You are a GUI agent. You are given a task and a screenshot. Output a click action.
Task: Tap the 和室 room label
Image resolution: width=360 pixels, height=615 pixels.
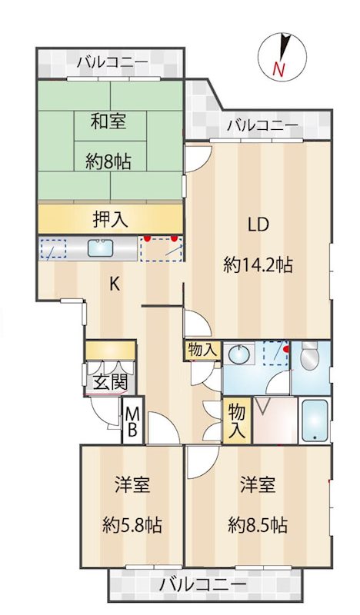pyautogui.click(x=110, y=121)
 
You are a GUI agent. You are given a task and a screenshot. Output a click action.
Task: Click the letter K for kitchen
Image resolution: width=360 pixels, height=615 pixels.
pyautogui.click(x=114, y=284)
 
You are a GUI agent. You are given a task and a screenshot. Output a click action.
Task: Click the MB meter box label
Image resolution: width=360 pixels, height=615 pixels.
pyautogui.click(x=132, y=422)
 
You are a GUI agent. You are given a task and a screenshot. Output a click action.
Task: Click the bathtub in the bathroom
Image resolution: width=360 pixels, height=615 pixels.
pyautogui.click(x=315, y=421)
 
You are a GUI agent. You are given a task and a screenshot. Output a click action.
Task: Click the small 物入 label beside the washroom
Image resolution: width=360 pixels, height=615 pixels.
pyautogui.click(x=202, y=351)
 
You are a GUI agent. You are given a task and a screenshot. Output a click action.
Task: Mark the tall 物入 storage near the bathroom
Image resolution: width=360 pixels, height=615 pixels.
pyautogui.click(x=236, y=421)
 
